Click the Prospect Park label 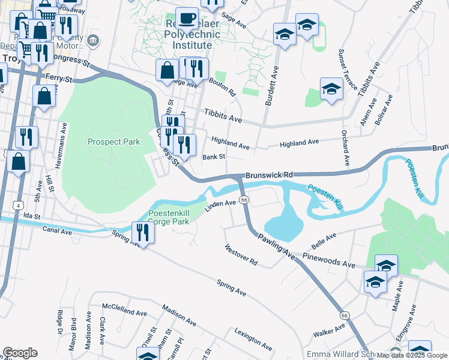click(113, 142)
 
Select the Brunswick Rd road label click(268, 175)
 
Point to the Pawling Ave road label click(277, 247)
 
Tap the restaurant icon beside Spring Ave click(142, 233)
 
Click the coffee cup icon click(187, 19)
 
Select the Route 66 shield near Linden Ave click(244, 199)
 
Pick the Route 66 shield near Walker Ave click(344, 316)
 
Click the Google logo click(20, 353)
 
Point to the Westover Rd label click(241, 256)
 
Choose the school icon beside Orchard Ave click(331, 90)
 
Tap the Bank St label click(213, 157)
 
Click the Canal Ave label click(57, 230)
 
